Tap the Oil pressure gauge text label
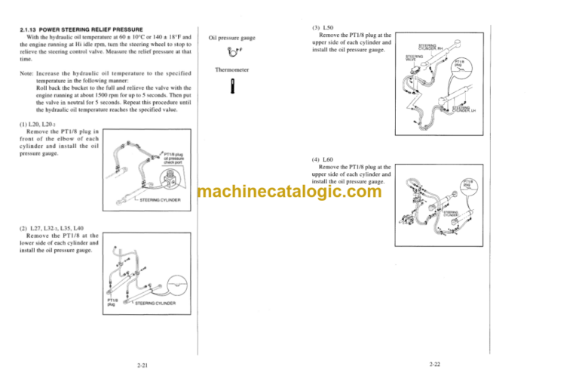(237, 36)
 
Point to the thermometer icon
(234, 89)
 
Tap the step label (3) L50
(319, 26)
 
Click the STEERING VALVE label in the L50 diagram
(415, 57)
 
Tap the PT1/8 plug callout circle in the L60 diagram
(467, 185)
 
